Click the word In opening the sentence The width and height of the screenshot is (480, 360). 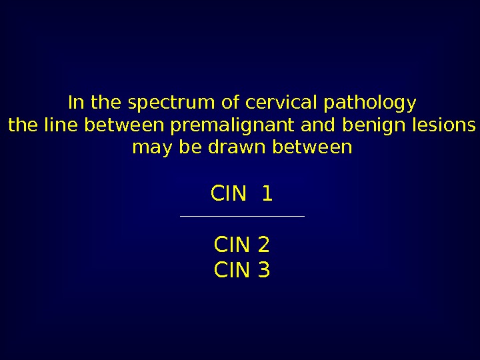[77, 104]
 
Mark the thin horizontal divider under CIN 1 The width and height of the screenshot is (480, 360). [242, 216]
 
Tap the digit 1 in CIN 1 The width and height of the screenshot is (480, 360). [267, 195]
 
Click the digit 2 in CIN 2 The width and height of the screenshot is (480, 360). [263, 246]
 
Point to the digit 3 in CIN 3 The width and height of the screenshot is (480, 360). [263, 270]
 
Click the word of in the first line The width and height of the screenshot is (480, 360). [231, 104]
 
